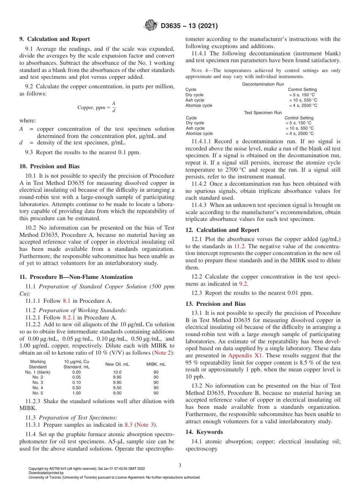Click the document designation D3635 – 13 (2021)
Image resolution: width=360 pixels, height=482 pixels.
[x=189, y=26]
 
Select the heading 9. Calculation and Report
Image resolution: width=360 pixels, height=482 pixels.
[x=55, y=39]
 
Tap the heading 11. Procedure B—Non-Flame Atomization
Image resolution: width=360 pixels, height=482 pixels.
[x=76, y=277]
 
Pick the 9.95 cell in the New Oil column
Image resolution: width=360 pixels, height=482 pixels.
[x=117, y=377]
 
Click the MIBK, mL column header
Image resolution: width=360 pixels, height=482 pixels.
[x=156, y=364]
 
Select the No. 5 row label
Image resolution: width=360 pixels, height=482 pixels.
[x=38, y=393]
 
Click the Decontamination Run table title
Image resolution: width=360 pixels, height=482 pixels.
[x=263, y=84]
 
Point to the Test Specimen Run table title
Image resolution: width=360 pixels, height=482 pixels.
[x=263, y=113]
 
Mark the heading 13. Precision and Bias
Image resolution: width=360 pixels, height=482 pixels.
[x=216, y=304]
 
